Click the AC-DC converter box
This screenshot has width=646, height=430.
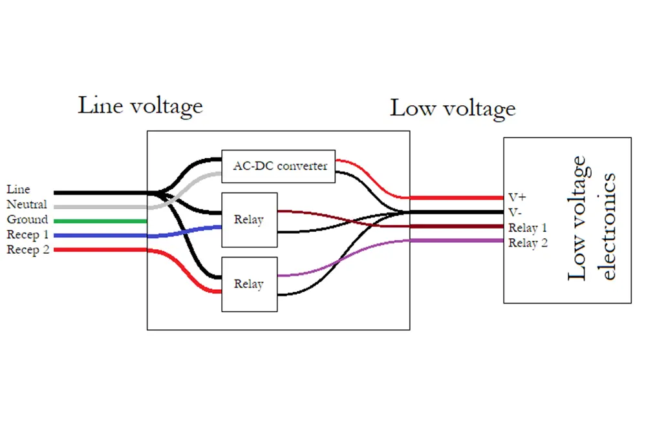pyautogui.click(x=279, y=167)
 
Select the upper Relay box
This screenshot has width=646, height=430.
pyautogui.click(x=249, y=220)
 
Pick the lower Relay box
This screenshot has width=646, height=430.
pyautogui.click(x=249, y=284)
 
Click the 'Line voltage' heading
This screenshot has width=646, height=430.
pyautogui.click(x=140, y=105)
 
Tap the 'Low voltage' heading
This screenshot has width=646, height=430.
pyautogui.click(x=453, y=108)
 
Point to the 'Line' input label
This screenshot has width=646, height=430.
pyautogui.click(x=18, y=190)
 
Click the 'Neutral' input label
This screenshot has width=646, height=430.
pyautogui.click(x=27, y=205)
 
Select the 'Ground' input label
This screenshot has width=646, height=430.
pyautogui.click(x=27, y=220)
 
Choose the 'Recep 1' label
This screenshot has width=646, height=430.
pyautogui.click(x=28, y=234)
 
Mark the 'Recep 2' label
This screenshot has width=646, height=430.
pyautogui.click(x=28, y=250)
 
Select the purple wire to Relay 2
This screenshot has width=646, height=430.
pyautogui.click(x=453, y=241)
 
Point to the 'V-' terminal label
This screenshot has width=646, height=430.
pyautogui.click(x=515, y=212)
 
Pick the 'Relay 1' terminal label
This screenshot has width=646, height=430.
pyautogui.click(x=528, y=227)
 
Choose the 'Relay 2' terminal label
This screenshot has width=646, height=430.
pyautogui.click(x=528, y=243)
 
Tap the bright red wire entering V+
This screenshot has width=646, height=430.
pyautogui.click(x=453, y=198)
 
